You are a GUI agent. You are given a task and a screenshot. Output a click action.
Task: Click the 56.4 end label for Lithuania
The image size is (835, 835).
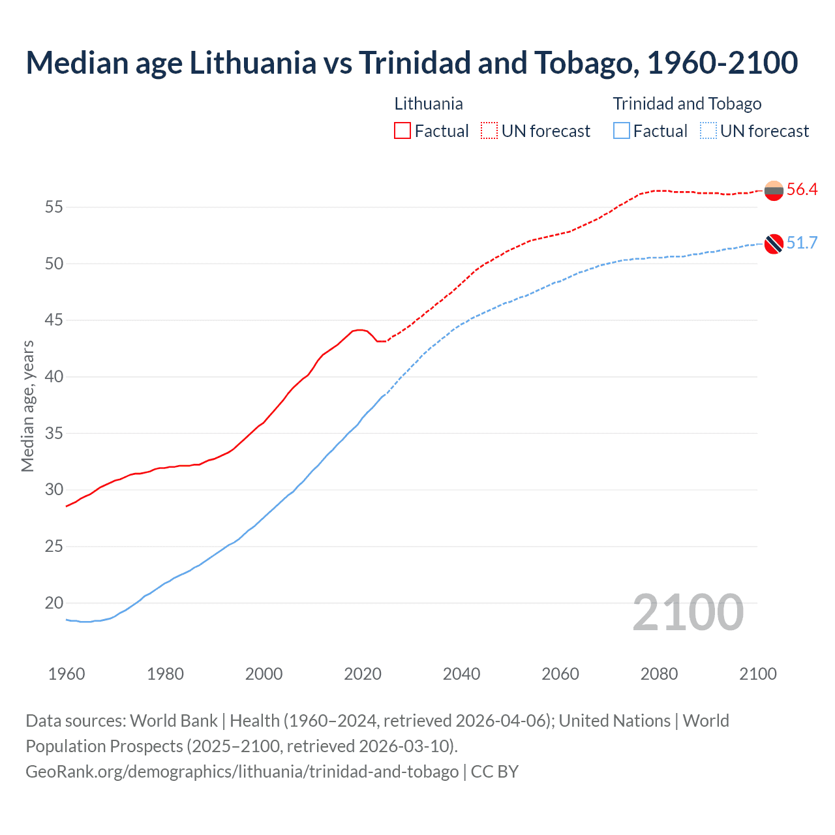(802, 190)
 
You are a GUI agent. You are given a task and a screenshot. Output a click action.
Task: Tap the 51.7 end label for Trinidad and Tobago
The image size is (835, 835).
(802, 243)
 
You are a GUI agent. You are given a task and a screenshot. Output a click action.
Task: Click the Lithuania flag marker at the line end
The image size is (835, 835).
(774, 191)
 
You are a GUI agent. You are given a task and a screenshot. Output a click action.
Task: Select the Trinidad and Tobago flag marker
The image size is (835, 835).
(774, 244)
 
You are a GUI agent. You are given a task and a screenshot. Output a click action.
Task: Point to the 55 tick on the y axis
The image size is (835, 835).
(54, 207)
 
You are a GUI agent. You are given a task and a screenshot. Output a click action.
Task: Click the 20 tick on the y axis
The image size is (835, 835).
(54, 603)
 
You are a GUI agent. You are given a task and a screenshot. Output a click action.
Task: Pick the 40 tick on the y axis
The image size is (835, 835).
(54, 377)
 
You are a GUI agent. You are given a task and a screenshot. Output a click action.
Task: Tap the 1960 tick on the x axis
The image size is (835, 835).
(67, 674)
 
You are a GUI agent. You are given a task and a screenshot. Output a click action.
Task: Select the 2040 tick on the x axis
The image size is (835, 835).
(461, 674)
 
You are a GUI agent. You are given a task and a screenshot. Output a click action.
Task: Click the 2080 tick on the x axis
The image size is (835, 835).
(659, 674)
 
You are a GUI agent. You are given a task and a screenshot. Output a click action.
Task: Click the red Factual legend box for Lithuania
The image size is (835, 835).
(402, 131)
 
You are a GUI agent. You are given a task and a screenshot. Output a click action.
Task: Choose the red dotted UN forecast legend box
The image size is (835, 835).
(489, 131)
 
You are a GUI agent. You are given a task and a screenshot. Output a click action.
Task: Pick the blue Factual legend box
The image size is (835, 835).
(622, 131)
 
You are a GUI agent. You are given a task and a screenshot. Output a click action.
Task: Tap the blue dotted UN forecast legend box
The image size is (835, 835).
(708, 131)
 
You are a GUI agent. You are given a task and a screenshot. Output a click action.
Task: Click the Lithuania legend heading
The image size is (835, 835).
(429, 104)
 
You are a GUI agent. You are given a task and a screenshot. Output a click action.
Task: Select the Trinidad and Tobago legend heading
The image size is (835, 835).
(687, 104)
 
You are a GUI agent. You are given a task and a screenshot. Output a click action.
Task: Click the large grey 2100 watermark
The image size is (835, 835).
(688, 613)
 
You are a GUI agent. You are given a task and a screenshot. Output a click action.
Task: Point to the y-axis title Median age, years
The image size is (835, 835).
(27, 406)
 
